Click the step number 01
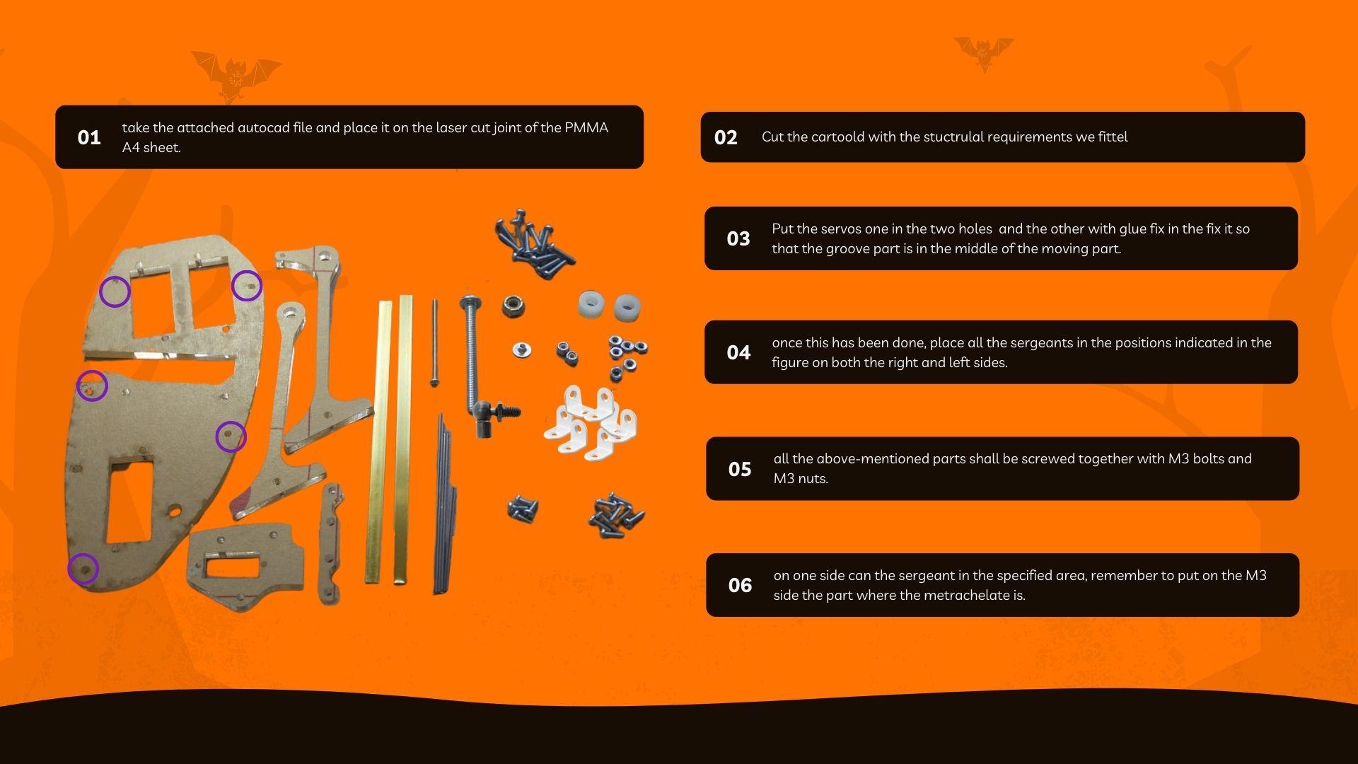pos(89,137)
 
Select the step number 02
pos(726,137)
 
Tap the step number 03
pos(738,238)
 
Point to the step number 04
pos(738,352)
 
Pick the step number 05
pos(740,469)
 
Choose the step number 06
pos(740,585)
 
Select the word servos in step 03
pos(842,229)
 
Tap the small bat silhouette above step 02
pos(984,53)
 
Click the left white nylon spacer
pos(591,306)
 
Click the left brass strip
pos(376,443)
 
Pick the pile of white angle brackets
pos(591,422)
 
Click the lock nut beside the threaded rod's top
pos(513,306)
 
